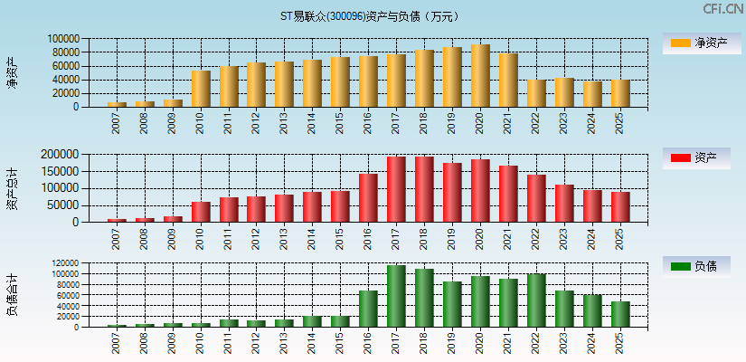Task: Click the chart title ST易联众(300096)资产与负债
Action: pyautogui.click(x=370, y=16)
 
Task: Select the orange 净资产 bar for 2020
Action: pyautogui.click(x=480, y=76)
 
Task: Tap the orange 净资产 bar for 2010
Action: pyautogui.click(x=201, y=89)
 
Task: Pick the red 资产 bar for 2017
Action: pyautogui.click(x=396, y=189)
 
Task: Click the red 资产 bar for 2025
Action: pyautogui.click(x=620, y=206)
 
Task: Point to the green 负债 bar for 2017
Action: pyautogui.click(x=396, y=296)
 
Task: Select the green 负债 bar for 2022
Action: pyautogui.click(x=536, y=300)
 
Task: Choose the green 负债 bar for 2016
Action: pyautogui.click(x=368, y=309)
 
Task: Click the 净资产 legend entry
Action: pyautogui.click(x=702, y=43)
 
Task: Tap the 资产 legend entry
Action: pyautogui.click(x=702, y=158)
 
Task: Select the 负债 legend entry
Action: pyautogui.click(x=702, y=266)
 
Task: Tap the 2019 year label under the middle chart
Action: pyautogui.click(x=452, y=239)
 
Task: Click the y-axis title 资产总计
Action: pyautogui.click(x=12, y=187)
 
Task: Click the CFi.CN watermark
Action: pyautogui.click(x=722, y=9)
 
